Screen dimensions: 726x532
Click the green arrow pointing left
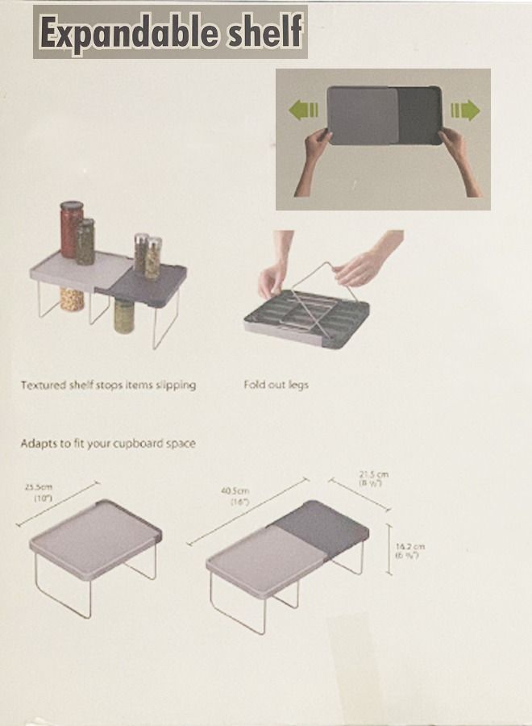point(303,111)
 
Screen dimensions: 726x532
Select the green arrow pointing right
point(465,110)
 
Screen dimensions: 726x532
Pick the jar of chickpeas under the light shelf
point(72,299)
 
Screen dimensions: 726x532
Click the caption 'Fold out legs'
point(276,385)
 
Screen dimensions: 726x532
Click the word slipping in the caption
point(170,385)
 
